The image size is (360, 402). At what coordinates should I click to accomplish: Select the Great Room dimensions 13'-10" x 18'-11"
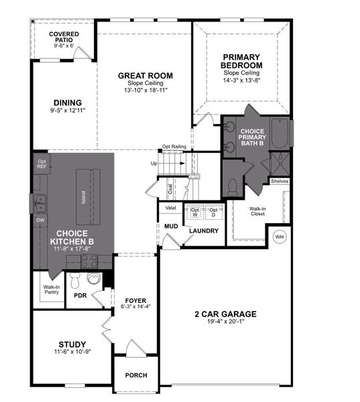pyautogui.click(x=145, y=90)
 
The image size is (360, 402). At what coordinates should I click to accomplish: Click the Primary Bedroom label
pyautogui.click(x=242, y=62)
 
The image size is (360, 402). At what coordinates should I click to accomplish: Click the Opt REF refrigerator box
pyautogui.click(x=42, y=165)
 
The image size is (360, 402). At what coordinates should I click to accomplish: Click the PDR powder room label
pyautogui.click(x=80, y=295)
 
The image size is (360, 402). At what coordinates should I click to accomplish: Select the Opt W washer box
pyautogui.click(x=195, y=212)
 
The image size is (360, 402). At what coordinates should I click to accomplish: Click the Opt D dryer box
pyautogui.click(x=213, y=212)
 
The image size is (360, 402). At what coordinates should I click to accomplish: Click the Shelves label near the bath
pyautogui.click(x=280, y=181)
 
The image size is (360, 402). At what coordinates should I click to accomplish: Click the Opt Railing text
pyautogui.click(x=174, y=147)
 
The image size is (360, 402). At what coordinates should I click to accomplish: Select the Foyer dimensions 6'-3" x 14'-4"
pyautogui.click(x=136, y=307)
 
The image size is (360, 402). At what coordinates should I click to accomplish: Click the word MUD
pyautogui.click(x=171, y=226)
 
